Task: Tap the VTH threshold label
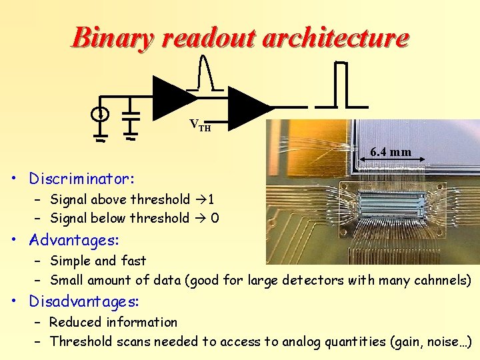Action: [200, 125]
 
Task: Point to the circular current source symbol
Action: [100, 115]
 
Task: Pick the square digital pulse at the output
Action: [341, 83]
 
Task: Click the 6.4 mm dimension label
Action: [391, 152]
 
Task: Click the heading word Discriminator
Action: [81, 179]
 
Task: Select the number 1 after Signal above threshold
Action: [211, 199]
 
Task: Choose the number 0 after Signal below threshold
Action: [215, 218]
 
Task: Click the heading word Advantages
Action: [74, 239]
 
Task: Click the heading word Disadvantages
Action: [83, 301]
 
